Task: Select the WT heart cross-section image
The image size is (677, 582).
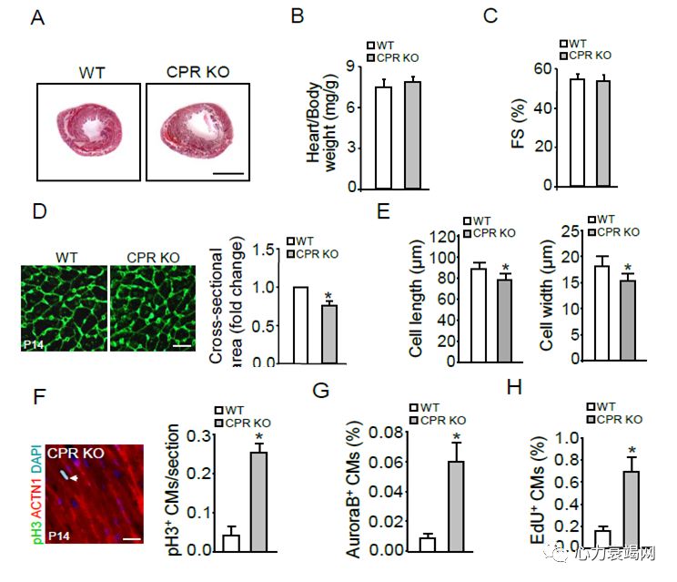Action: pos(88,129)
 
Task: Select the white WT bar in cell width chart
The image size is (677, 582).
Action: pos(601,314)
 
